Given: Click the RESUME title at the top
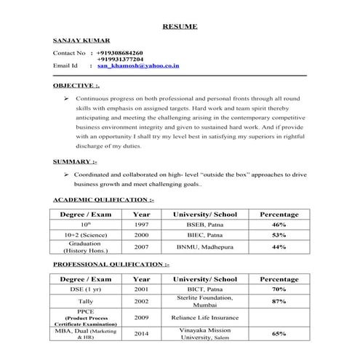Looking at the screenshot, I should (x=179, y=26).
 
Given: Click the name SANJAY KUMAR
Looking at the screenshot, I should (x=81, y=41).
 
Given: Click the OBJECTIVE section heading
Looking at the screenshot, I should (x=76, y=85).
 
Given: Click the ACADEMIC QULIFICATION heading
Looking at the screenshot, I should (x=104, y=199).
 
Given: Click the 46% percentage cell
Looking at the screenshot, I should (x=279, y=225).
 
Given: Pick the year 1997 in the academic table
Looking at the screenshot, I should (x=142, y=225).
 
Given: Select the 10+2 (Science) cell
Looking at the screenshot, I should (x=80, y=236).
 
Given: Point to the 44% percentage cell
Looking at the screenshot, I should (x=279, y=247).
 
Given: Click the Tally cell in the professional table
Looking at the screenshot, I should (x=80, y=302).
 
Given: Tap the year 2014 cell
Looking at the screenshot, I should (x=142, y=334).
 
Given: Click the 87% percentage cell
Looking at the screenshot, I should (x=279, y=301).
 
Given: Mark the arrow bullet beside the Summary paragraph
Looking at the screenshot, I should (x=66, y=175).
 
